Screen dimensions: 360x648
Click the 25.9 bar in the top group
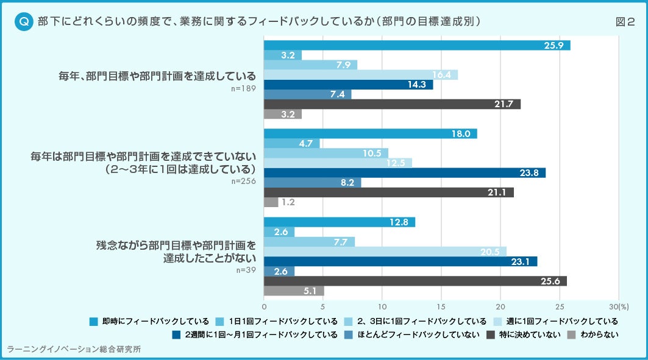[416, 46]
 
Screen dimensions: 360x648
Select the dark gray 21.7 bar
[392, 104]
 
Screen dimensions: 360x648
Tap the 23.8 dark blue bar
[404, 173]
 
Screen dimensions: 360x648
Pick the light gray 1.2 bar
[271, 202]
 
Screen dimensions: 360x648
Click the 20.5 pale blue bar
[385, 252]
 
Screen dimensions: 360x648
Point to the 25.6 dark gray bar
[415, 281]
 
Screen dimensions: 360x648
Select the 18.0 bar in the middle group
[370, 134]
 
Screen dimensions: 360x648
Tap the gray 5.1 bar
[294, 291]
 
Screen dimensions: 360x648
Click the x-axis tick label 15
[441, 306]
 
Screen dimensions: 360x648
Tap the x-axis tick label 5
[323, 306]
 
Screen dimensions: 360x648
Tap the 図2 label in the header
[625, 22]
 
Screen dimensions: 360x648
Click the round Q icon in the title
[23, 22]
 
